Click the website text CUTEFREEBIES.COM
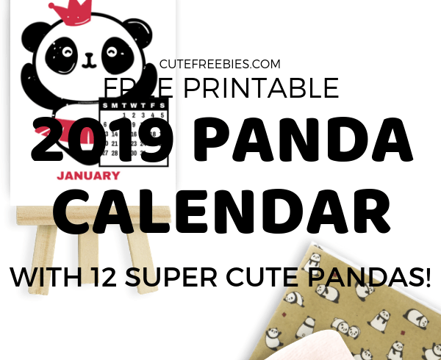(220, 65)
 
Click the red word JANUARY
(89, 176)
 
